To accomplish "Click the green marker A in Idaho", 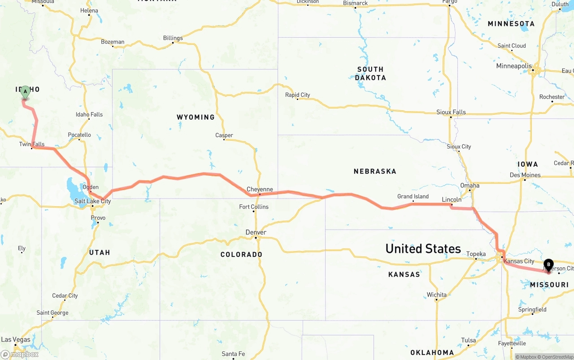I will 25,92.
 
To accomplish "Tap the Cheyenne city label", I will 260,189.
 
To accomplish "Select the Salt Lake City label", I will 92,201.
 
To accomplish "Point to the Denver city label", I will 256,232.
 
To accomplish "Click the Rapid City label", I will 297,95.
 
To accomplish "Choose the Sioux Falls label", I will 451,112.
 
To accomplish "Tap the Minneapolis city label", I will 514,66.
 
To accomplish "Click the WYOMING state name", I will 196,117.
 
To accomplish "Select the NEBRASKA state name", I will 375,171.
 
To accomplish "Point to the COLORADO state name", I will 241,255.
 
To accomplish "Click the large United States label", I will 423,249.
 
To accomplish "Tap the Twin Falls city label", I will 32,144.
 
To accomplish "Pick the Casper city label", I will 224,135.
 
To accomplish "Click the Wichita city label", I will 436,295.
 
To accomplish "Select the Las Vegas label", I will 16,339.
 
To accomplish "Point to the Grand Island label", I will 413,196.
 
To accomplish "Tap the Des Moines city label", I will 525,175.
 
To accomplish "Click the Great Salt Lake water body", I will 72,185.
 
